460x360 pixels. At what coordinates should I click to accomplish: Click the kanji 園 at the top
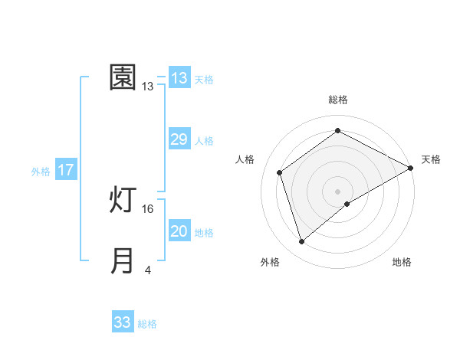pos(123,77)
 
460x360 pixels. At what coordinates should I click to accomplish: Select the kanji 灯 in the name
pos(123,201)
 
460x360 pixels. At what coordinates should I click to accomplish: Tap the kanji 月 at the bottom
pos(123,260)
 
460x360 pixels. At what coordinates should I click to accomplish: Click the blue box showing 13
pos(179,78)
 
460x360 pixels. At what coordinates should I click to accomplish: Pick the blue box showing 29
pos(179,139)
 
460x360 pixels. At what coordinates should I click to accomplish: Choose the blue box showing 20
pos(179,231)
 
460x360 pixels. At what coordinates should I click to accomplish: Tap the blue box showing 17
pos(66,170)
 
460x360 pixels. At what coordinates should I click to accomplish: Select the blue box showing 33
pos(123,322)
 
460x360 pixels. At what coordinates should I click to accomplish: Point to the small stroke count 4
pos(148,270)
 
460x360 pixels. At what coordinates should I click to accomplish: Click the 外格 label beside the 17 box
pos(41,172)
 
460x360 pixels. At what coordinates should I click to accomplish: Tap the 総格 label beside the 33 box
pos(147,324)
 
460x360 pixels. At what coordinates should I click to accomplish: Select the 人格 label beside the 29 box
pos(204,141)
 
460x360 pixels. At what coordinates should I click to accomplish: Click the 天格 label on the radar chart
pos(431,159)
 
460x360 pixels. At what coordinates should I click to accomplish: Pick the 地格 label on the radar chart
pos(402,262)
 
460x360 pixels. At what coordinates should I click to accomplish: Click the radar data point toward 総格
pos(337,131)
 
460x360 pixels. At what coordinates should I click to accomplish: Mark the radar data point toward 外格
pos(302,242)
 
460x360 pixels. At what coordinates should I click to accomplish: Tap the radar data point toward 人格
pos(281,172)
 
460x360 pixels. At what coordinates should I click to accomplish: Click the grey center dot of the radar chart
pos(337,191)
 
